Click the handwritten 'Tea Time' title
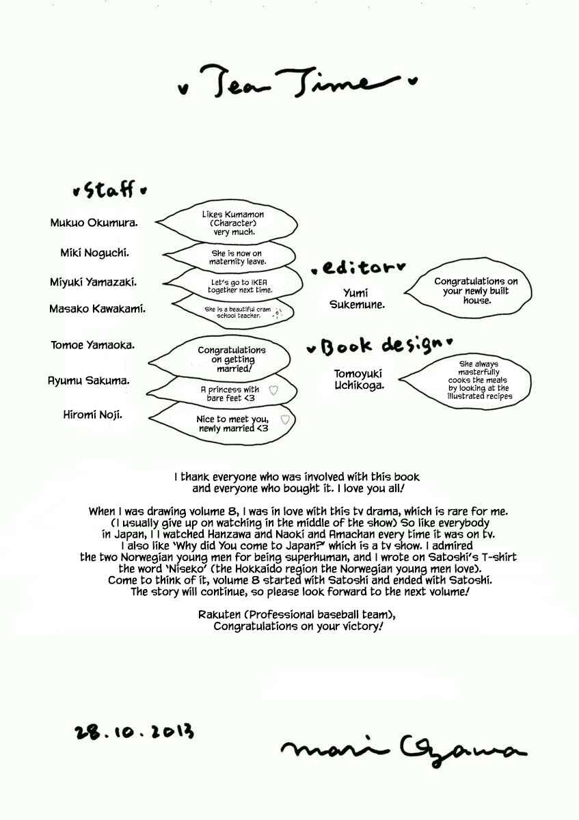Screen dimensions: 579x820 pos(297,81)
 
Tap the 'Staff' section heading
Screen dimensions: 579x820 pos(110,189)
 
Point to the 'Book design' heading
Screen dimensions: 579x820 pos(379,346)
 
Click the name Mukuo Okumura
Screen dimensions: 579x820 pos(94,223)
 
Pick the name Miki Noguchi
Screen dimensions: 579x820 pos(95,253)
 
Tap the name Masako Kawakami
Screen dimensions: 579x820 pos(98,309)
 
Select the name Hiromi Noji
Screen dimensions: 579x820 pos(93,415)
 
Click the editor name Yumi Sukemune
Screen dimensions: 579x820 pos(358,299)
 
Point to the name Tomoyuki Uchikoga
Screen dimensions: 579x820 pos(359,379)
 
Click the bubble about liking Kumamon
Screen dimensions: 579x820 pos(227,222)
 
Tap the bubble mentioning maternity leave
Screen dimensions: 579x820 pos(230,257)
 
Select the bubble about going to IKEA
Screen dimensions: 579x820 pos(234,285)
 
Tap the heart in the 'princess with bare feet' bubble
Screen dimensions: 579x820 pos(273,390)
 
